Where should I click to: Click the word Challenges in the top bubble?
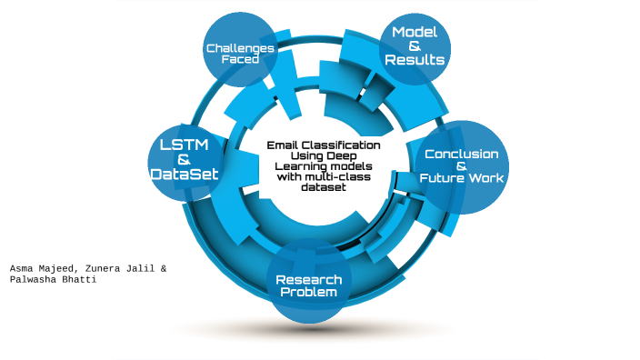coord(239,47)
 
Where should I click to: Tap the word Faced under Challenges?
coord(239,59)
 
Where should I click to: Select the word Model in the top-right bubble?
coord(415,33)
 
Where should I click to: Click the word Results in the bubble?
coord(415,60)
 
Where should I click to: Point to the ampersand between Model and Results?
coord(415,46)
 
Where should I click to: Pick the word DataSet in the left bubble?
coord(185,173)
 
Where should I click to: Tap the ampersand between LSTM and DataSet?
coord(185,159)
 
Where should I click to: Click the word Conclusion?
coord(461,154)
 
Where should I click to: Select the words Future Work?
coord(461,178)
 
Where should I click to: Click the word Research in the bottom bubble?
coord(309,279)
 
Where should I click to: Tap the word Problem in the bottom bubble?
coord(309,292)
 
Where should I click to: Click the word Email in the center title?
coord(284,145)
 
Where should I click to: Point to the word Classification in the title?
coord(342,145)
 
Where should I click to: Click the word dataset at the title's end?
coord(323,188)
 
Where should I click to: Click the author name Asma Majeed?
coord(45,269)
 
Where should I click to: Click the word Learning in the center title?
coord(300,166)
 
